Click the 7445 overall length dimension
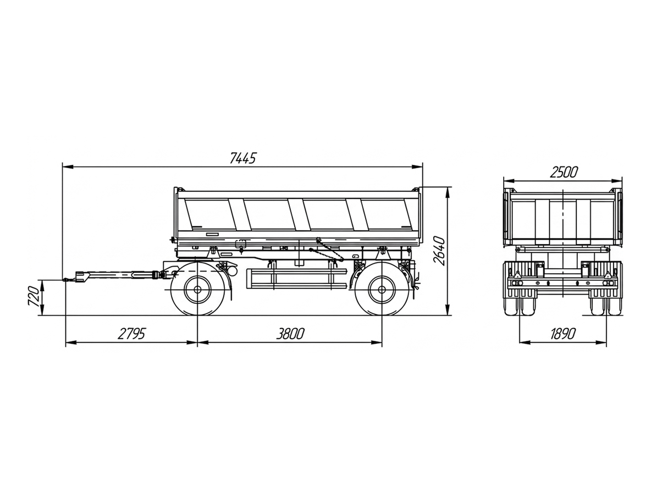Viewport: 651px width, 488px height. coord(243,158)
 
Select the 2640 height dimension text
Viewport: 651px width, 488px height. coord(439,251)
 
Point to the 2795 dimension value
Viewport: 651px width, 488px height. coord(131,334)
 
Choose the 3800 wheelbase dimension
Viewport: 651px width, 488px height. coord(291,334)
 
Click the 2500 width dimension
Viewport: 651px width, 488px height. coord(564,172)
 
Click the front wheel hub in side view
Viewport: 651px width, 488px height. coord(197,289)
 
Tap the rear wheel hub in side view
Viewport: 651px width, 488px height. coord(382,289)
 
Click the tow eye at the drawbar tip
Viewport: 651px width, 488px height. coord(66,280)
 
